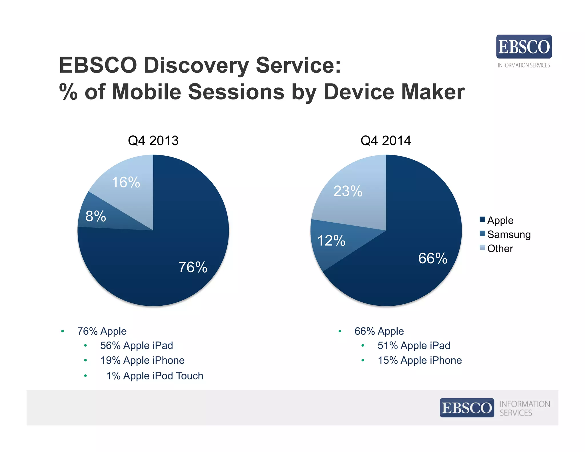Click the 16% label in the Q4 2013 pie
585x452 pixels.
click(x=126, y=182)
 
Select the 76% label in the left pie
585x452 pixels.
click(x=193, y=267)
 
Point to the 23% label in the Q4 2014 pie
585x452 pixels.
click(x=348, y=191)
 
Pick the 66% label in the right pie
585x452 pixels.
click(x=433, y=258)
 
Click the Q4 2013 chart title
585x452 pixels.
click(x=153, y=141)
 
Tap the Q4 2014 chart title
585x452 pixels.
click(x=386, y=141)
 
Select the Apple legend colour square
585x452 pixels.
click(x=482, y=219)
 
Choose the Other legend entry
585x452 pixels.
click(x=500, y=248)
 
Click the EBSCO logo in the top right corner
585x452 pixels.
click(x=524, y=47)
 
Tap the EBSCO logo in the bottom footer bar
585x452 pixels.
click(x=467, y=408)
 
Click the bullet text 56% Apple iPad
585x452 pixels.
click(x=137, y=345)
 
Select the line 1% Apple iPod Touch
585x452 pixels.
click(x=155, y=376)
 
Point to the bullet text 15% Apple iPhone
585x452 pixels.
click(x=420, y=360)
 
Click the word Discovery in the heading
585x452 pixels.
click(x=196, y=65)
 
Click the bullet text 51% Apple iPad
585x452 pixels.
click(x=414, y=345)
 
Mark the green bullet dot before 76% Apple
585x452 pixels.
click(x=63, y=331)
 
